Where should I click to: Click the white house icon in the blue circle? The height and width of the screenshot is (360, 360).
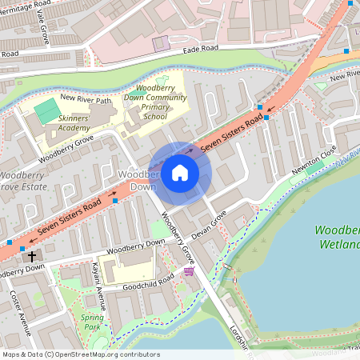click(180, 172)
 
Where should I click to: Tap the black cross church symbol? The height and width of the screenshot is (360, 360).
click(32, 257)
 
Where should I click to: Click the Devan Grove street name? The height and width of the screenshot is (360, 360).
click(211, 223)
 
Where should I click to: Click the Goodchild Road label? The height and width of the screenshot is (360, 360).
click(150, 281)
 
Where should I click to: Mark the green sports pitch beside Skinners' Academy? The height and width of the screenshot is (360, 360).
click(47, 106)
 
